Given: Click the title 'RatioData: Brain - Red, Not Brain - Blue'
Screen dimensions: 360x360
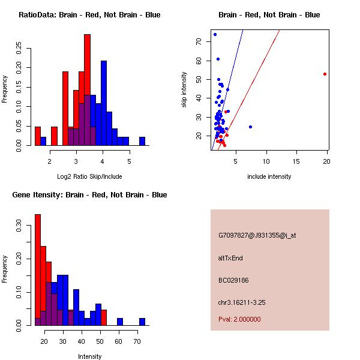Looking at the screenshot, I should pos(89,14).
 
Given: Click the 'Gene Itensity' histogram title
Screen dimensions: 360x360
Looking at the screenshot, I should pos(89,194).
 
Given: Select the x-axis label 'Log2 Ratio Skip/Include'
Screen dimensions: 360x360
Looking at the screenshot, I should pos(89,176).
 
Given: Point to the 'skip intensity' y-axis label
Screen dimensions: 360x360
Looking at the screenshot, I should pos(185,90).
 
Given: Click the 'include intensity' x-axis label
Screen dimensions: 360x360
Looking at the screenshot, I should pos(269,176).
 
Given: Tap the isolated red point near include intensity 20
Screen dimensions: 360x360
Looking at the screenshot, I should pos(325,74).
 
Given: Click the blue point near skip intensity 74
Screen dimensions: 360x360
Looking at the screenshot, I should pos(215,34).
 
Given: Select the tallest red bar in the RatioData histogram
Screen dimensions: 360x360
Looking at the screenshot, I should pos(87,90).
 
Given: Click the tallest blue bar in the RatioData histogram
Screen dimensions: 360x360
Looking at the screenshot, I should pos(104,102).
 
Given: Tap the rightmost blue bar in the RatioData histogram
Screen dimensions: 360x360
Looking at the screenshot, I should pos(142,141).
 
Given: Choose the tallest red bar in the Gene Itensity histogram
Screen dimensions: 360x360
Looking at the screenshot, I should pos(38,270).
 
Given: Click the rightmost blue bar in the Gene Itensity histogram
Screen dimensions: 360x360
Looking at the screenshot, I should pos(142,322).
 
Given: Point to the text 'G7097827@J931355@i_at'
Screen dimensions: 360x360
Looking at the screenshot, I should pos(257,235).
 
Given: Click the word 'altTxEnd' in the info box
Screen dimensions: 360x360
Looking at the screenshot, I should pos(230,258).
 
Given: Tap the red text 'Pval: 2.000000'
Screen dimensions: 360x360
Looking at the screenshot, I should pos(239,319).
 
